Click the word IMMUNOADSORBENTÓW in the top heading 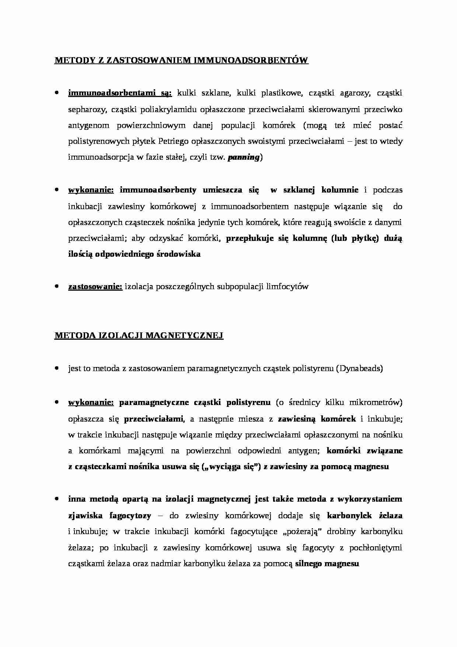[251, 60]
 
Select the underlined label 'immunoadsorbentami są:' [120, 93]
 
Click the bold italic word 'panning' [244, 158]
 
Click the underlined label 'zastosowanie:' [95, 287]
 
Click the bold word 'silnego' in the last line [310, 564]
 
